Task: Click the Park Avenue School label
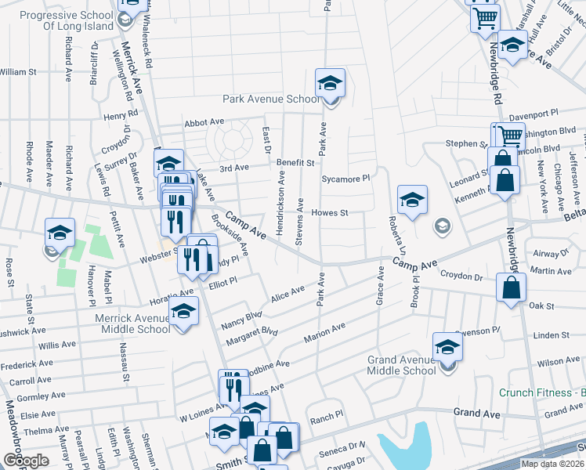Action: click(x=271, y=99)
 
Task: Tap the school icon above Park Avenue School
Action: click(x=331, y=83)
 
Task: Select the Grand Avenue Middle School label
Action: click(x=401, y=365)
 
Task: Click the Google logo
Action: click(x=25, y=461)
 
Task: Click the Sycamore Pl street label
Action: click(x=345, y=179)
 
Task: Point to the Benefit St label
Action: click(x=295, y=163)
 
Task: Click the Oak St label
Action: click(x=541, y=305)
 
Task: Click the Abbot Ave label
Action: click(x=204, y=123)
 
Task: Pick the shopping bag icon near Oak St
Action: click(x=511, y=288)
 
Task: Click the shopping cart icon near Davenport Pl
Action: click(x=509, y=136)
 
